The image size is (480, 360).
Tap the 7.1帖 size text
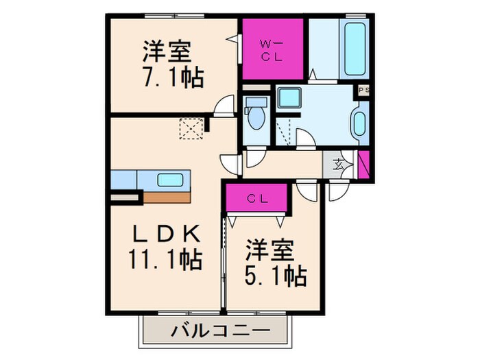(172, 78)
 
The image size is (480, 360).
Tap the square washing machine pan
(289, 98)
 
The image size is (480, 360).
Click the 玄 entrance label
(339, 164)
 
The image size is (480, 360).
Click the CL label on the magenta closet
(257, 199)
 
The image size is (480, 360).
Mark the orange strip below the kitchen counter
(167, 197)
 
